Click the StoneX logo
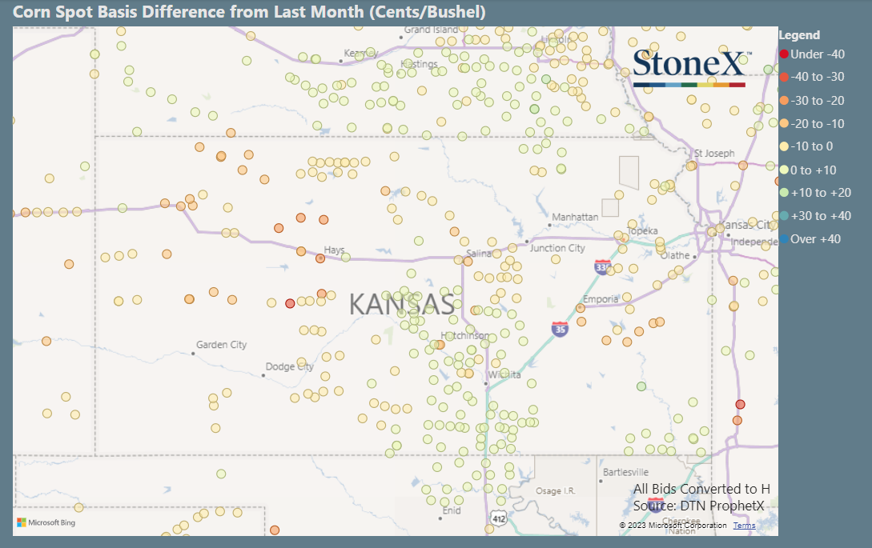[689, 67]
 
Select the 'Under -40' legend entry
[817, 54]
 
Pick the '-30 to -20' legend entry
[817, 101]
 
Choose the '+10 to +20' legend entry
[820, 193]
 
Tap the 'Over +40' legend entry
[815, 239]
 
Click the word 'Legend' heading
[799, 35]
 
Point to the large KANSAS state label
[402, 304]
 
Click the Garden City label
[221, 345]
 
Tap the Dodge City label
[290, 367]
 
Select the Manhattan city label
[575, 217]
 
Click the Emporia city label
[601, 299]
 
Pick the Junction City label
[557, 248]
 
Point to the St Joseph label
[713, 153]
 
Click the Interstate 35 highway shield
[560, 328]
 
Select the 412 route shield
[498, 521]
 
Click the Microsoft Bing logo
[46, 522]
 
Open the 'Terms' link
[743, 526]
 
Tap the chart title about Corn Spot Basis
[249, 12]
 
